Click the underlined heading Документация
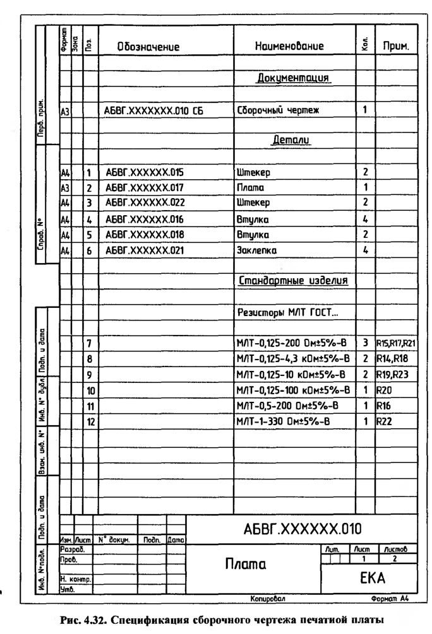(294, 79)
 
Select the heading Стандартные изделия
(294, 279)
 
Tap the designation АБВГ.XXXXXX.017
(145, 187)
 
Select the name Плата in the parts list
(249, 187)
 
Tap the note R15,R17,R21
(396, 343)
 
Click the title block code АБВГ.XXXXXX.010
(302, 527)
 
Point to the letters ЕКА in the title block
(369, 578)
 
